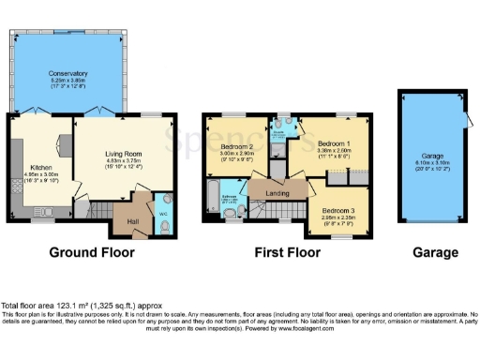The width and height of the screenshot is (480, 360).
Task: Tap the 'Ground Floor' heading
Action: pos(93,252)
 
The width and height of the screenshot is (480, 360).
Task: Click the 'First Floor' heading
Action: pos(287,252)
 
